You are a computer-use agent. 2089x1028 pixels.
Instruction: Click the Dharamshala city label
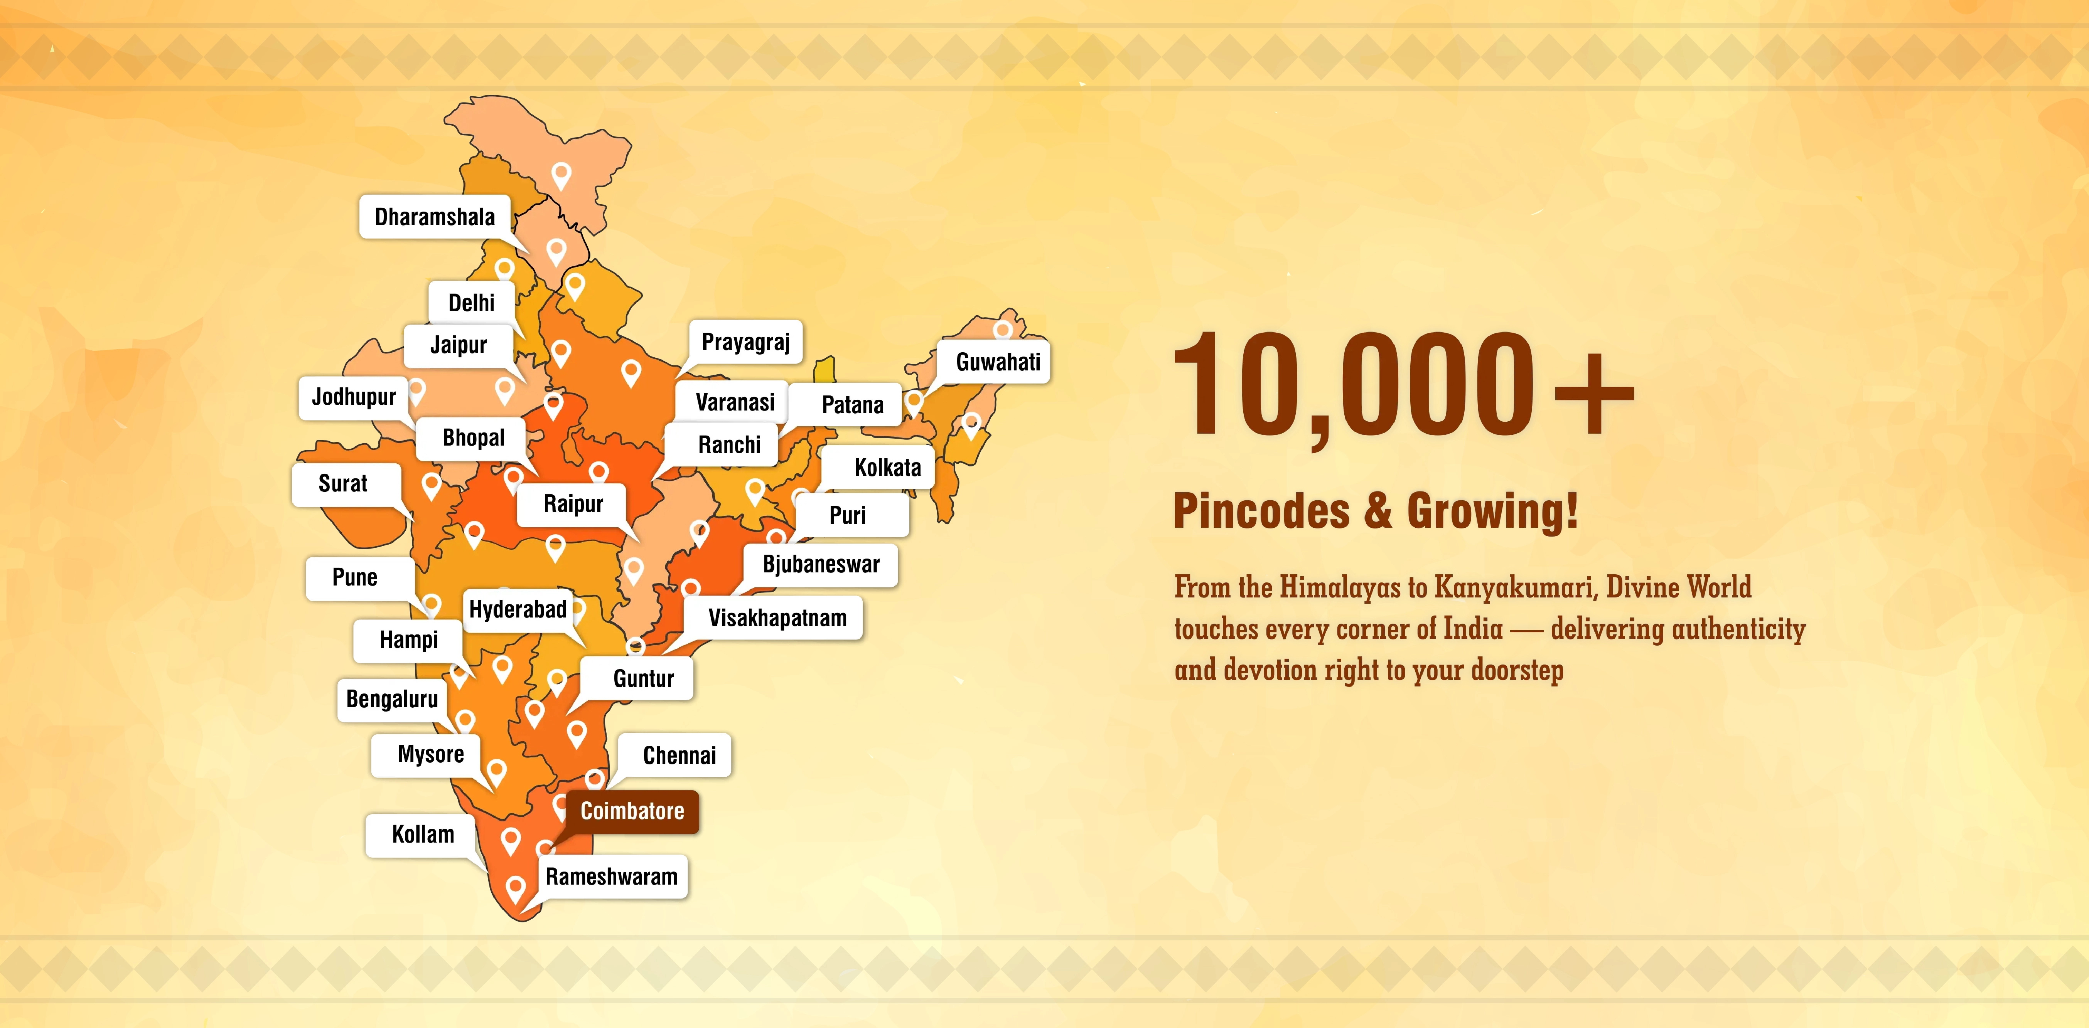[435, 217]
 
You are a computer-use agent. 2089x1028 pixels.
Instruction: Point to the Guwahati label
[998, 362]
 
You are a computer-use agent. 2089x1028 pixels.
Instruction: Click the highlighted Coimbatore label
[632, 811]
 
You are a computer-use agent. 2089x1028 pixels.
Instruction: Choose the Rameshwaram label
[612, 877]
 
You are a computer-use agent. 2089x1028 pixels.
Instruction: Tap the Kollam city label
[423, 834]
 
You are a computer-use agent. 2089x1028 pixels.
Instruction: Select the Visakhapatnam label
[777, 618]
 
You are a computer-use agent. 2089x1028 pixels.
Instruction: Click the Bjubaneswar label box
[821, 564]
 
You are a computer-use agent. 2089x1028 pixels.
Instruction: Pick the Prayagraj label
[745, 342]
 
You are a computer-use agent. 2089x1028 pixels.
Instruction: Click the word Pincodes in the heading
[1261, 511]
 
